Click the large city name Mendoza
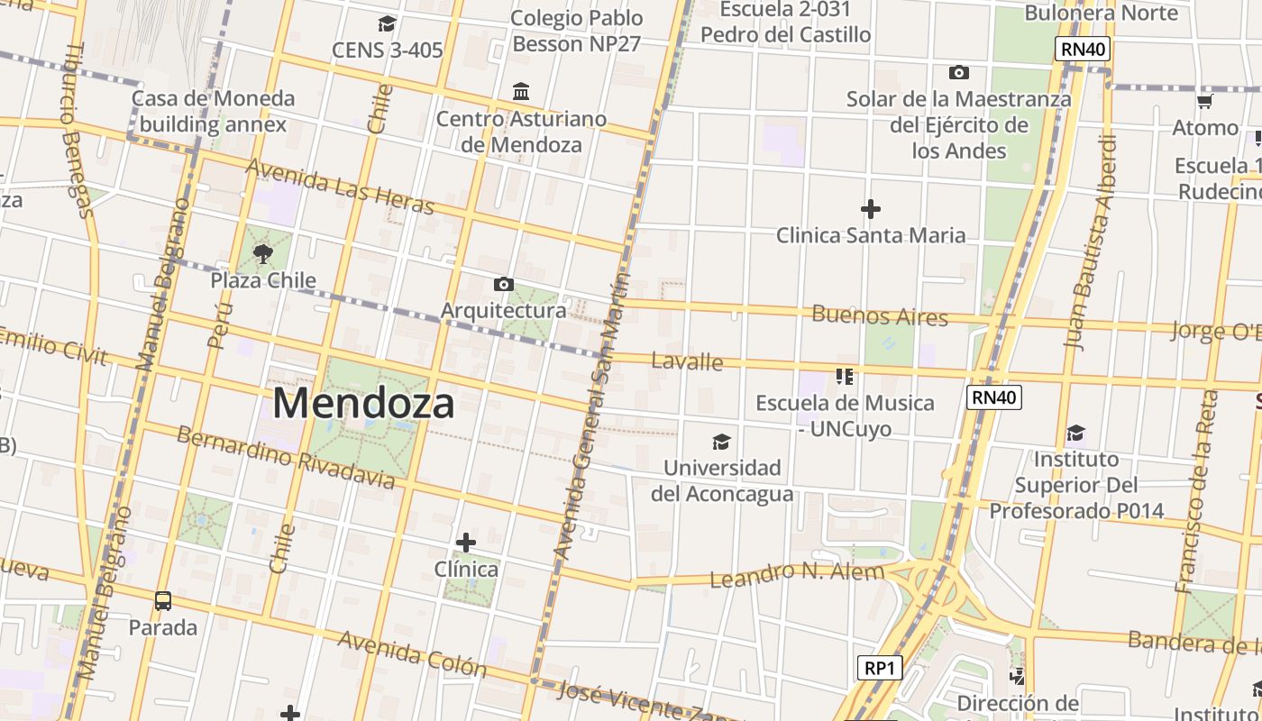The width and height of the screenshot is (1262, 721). tap(363, 403)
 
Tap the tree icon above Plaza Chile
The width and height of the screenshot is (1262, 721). tap(262, 253)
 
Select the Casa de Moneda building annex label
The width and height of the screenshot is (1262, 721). tap(213, 111)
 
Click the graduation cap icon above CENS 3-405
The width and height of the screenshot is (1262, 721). tap(388, 23)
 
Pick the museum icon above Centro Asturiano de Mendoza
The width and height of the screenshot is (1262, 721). tap(521, 92)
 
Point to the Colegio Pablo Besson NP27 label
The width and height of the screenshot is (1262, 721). tap(577, 31)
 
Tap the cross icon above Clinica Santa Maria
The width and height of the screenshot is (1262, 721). tap(871, 210)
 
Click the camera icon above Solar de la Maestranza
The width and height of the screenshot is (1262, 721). tap(959, 72)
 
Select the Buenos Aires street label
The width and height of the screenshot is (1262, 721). tap(880, 315)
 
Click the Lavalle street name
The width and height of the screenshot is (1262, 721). tap(687, 361)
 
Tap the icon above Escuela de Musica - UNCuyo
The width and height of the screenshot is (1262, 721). tap(845, 376)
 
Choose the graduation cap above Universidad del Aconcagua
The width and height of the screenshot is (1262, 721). tap(721, 442)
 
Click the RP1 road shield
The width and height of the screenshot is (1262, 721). tap(879, 668)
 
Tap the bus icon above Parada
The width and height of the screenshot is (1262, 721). tap(163, 600)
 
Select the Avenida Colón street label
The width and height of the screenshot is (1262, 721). tap(412, 654)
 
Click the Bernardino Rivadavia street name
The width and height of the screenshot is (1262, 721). tap(285, 457)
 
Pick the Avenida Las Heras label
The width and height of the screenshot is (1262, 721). tap(339, 187)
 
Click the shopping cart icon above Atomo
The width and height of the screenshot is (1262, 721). tap(1204, 101)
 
